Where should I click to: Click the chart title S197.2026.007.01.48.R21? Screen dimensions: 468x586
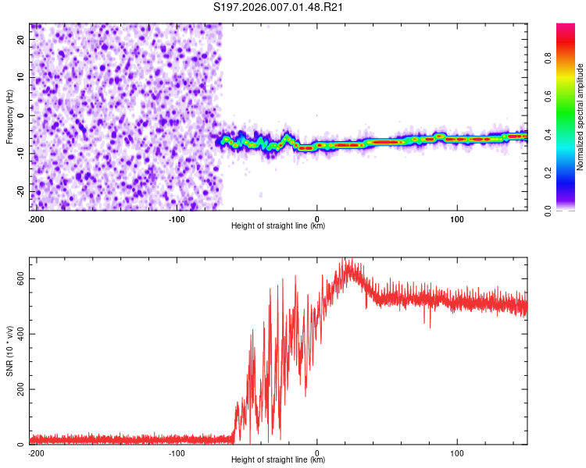click(x=279, y=8)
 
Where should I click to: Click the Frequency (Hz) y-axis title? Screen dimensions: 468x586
click(x=9, y=117)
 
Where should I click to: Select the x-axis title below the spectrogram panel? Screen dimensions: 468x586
click(x=278, y=227)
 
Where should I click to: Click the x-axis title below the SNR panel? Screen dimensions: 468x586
click(x=278, y=460)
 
